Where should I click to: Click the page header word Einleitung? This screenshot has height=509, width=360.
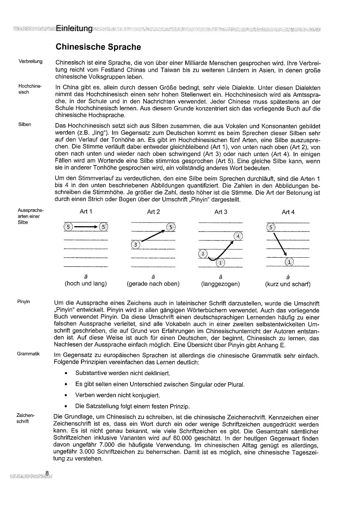pos(74,29)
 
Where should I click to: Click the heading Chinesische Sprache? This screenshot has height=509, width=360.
pos(98,47)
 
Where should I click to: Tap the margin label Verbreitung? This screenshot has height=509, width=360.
pos(30,62)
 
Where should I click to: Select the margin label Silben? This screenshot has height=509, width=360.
pos(25,125)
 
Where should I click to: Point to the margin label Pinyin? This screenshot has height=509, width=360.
pos(24,302)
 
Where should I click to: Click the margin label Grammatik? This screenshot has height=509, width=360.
pos(28,354)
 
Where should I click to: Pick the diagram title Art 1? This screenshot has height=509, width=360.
pos(86,212)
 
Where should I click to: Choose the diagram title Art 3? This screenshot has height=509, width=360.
pos(220,212)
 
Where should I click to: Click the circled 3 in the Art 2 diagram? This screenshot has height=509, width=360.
pos(135,245)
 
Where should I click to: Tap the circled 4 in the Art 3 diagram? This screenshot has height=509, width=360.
pos(238,236)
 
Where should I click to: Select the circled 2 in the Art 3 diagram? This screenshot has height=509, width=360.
pos(203,254)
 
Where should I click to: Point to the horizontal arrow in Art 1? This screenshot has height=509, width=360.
pos(86,227)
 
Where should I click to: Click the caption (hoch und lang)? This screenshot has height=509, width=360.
pos(86,284)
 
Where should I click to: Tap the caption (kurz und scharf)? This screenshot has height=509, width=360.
pos(288,284)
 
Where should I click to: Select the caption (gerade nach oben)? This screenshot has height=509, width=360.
pos(153,284)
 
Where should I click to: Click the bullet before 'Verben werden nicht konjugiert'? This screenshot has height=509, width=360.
pos(66,395)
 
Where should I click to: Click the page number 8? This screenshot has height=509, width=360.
pos(47,473)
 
